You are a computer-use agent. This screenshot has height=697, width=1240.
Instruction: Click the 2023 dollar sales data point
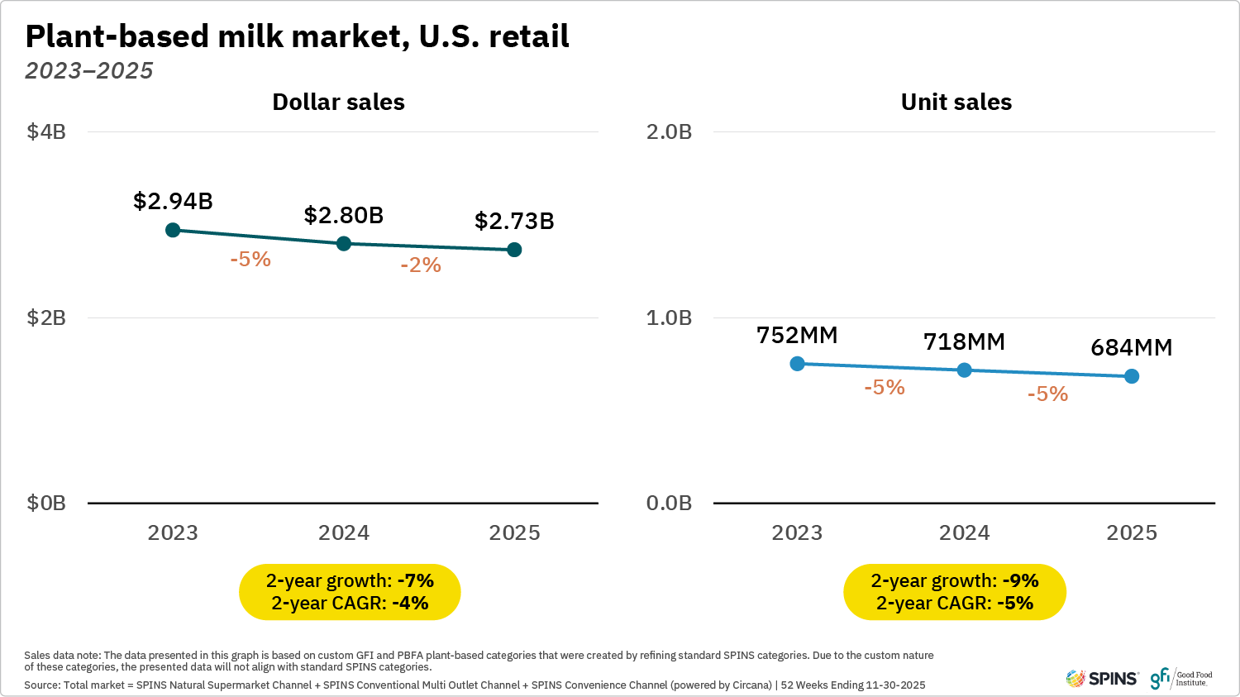click(x=173, y=230)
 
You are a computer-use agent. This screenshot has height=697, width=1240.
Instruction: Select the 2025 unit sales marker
click(x=1132, y=376)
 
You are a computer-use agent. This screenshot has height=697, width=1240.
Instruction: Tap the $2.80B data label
click(x=344, y=215)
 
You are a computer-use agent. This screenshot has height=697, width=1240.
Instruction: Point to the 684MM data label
click(x=1132, y=347)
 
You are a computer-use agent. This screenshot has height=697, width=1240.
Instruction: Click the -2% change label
click(x=421, y=265)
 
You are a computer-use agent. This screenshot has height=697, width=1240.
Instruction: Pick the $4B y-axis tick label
click(x=46, y=131)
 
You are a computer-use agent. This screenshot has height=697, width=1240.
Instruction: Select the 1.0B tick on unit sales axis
click(x=669, y=317)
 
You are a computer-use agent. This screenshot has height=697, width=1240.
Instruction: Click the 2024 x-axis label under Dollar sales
click(x=344, y=532)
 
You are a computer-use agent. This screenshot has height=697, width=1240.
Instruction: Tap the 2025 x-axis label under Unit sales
click(x=1132, y=532)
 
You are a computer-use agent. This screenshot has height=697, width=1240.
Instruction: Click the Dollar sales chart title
click(x=338, y=102)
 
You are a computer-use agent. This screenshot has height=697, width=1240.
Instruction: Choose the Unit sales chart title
click(x=956, y=102)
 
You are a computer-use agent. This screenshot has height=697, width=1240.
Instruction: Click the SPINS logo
click(x=1102, y=679)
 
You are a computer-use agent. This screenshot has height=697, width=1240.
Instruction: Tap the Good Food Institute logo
click(x=1181, y=679)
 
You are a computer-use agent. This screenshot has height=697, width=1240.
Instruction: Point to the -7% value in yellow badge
click(x=416, y=580)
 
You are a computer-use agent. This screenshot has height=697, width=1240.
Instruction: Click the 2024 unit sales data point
click(x=964, y=370)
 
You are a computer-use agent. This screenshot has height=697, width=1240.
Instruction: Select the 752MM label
click(x=797, y=335)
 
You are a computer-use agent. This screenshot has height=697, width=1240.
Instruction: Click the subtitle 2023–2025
click(x=89, y=71)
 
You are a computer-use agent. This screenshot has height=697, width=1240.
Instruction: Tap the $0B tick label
click(x=46, y=503)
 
